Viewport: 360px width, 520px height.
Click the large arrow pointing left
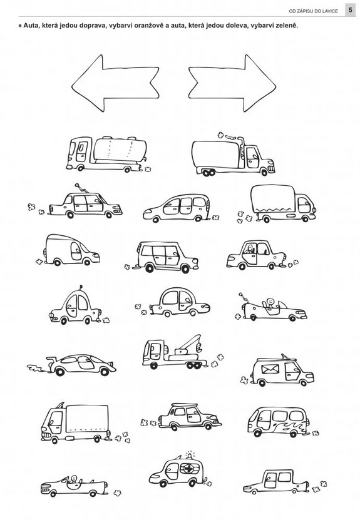115,83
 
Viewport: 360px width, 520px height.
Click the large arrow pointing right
232,83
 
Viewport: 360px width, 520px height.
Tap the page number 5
350,10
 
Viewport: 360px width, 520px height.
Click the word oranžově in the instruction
150,26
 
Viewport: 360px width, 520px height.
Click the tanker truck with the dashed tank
108,154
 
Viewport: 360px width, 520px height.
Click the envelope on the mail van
270,369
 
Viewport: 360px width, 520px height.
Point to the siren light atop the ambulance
190,455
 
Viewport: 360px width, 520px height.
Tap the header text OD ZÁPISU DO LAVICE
313,11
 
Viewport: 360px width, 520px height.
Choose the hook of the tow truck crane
198,347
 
